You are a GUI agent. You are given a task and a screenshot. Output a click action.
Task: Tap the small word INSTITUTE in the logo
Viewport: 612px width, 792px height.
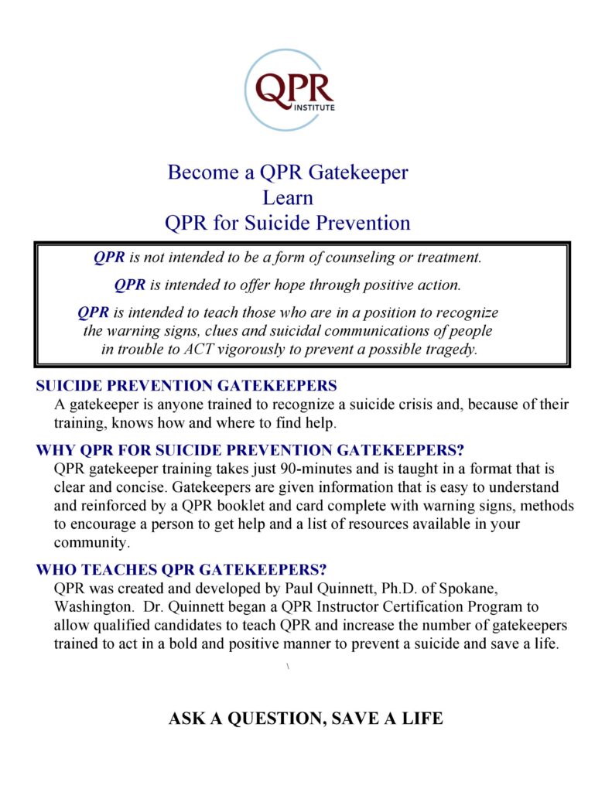point(315,108)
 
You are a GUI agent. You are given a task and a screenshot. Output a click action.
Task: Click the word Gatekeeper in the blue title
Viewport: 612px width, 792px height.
point(361,172)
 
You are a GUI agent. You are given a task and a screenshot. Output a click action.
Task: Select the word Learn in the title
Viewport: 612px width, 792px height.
point(288,198)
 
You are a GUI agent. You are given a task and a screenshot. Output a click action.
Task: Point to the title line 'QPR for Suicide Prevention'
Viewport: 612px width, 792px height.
point(288,224)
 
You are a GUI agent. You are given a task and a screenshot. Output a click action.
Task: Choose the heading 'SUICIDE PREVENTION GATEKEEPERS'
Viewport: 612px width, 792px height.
point(186,385)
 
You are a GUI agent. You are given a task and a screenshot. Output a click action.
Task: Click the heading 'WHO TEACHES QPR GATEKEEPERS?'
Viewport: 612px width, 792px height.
point(181,570)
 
